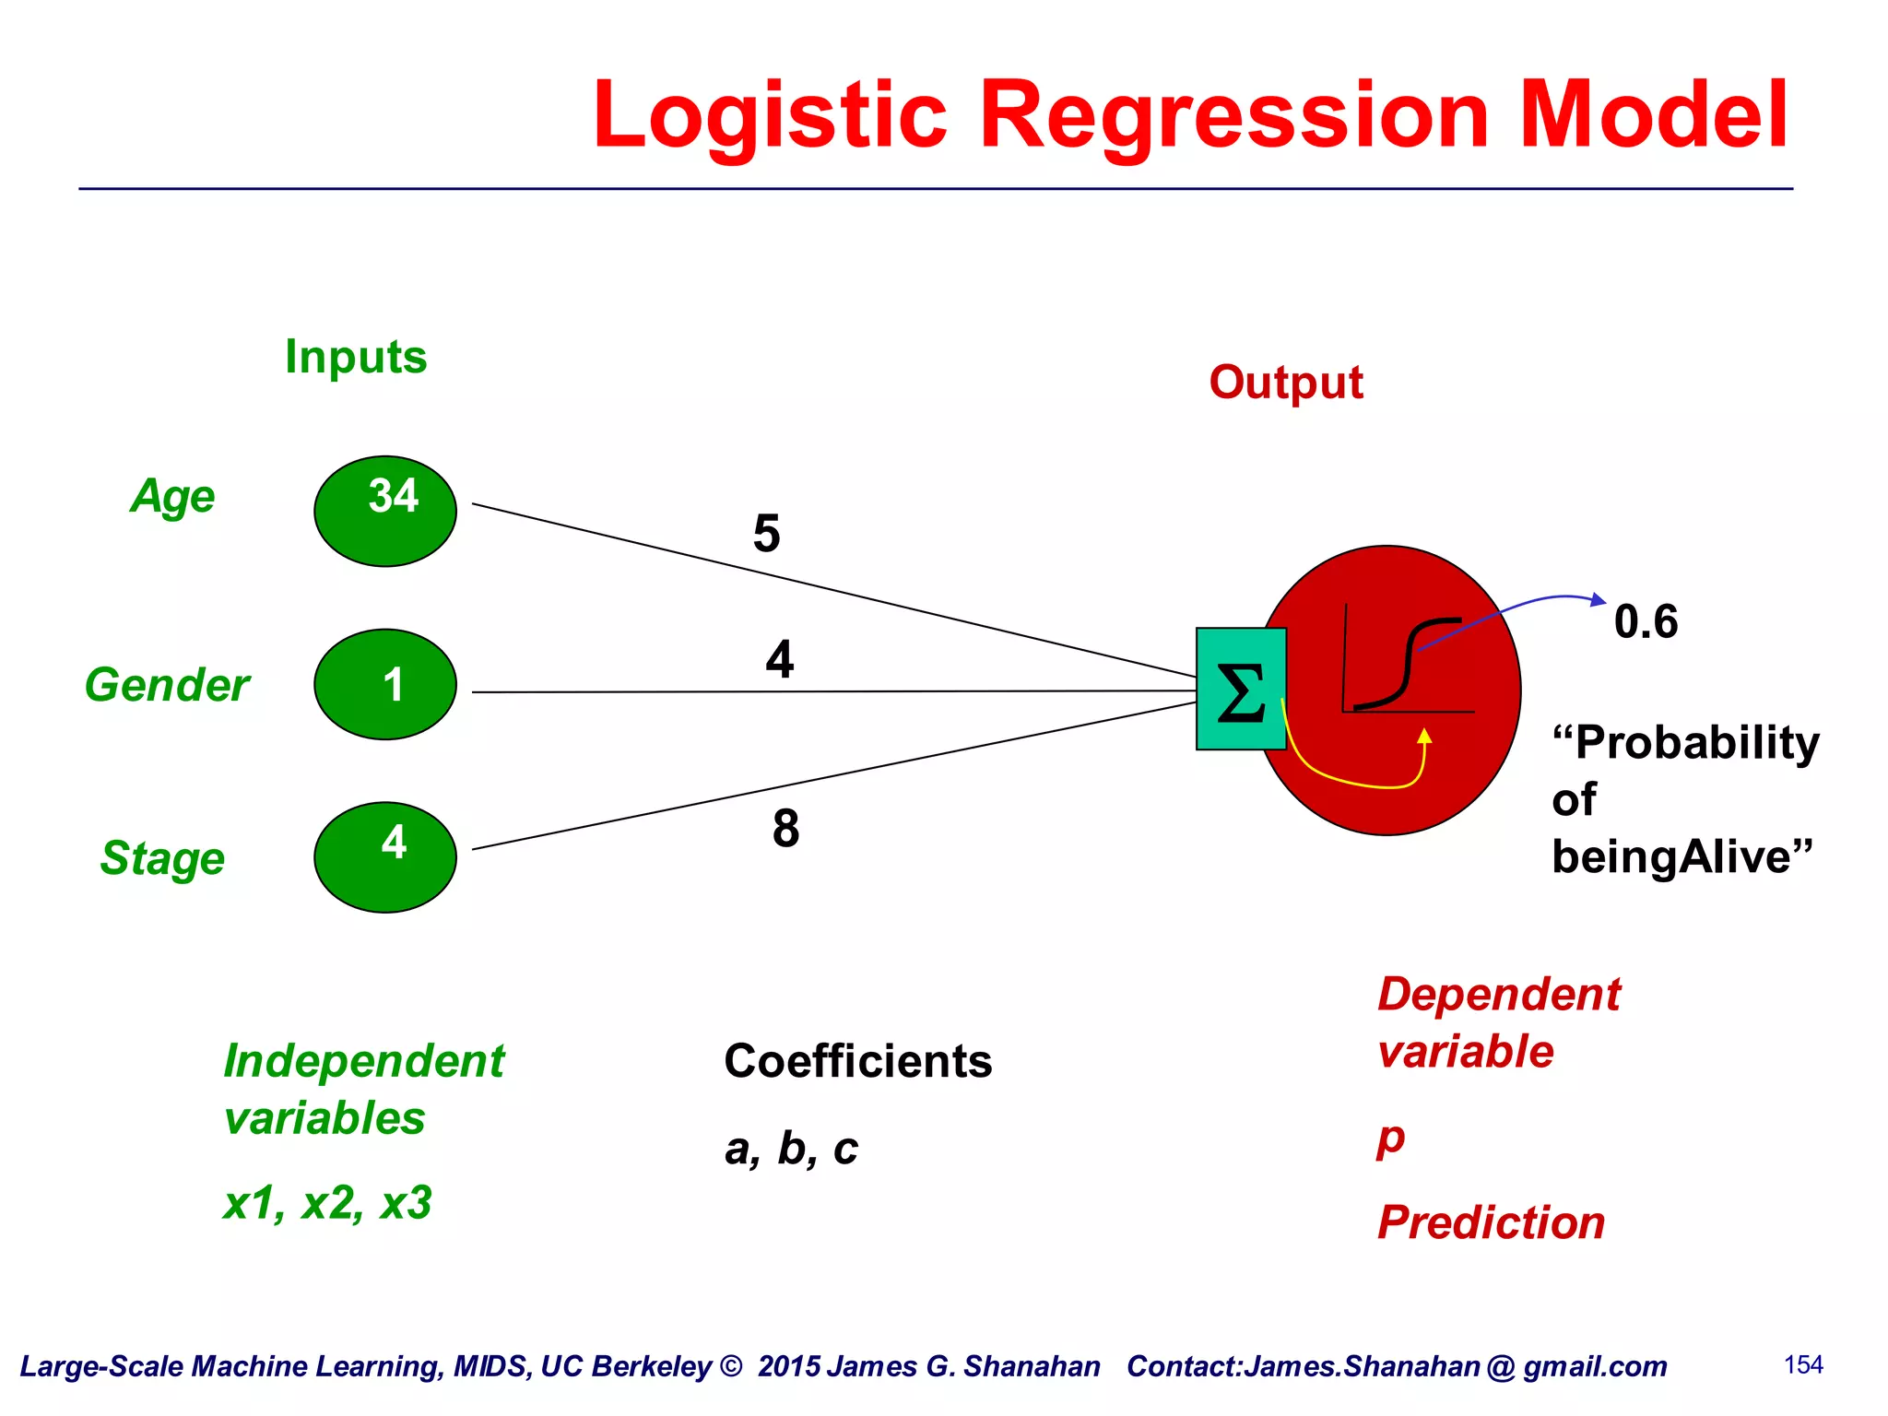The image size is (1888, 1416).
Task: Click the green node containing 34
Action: pos(385,511)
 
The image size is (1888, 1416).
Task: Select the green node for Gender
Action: pos(385,684)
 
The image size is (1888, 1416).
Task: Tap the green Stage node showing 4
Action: pos(385,856)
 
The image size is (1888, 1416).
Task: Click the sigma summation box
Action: pos(1241,690)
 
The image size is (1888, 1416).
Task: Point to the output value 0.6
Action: pos(1646,621)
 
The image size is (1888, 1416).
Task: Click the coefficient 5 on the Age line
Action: pos(766,534)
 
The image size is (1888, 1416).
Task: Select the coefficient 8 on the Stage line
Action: pos(785,828)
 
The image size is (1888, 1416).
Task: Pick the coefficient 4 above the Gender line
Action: pos(779,659)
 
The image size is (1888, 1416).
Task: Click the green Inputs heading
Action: pos(356,357)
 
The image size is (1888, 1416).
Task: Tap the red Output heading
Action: pos(1285,383)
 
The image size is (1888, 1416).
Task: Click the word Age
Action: pos(172,497)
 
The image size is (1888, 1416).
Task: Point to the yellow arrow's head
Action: pos(1424,736)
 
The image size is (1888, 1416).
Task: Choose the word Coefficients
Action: pos(857,1061)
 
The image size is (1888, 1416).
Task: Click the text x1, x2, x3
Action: pos(327,1203)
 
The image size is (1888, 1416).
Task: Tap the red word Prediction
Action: pos(1491,1223)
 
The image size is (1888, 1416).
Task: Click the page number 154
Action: pos(1803,1365)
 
